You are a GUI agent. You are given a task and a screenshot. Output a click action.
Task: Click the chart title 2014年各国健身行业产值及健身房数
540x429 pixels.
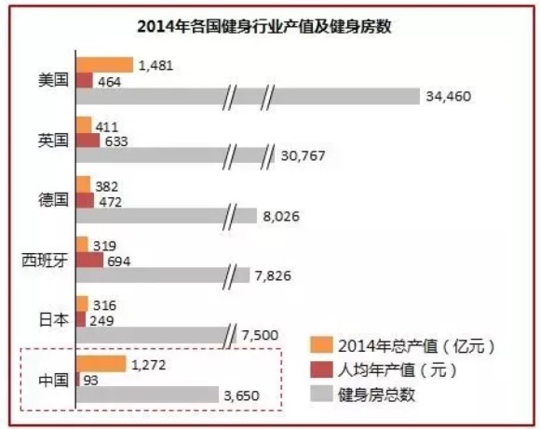[x=270, y=26]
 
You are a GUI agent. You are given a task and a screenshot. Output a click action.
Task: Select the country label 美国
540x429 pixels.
[x=51, y=80]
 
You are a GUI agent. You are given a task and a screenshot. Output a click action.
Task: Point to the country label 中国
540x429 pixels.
[x=51, y=380]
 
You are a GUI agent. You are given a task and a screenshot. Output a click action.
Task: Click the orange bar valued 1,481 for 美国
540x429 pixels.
[x=104, y=64]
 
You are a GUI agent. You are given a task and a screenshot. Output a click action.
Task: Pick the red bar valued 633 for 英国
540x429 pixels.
[x=88, y=141]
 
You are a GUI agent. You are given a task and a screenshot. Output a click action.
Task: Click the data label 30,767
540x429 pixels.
[x=302, y=156]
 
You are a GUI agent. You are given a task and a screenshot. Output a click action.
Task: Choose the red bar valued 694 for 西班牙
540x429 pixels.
[x=89, y=260]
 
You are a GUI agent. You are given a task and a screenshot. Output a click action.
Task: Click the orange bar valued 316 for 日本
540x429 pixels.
[x=82, y=304]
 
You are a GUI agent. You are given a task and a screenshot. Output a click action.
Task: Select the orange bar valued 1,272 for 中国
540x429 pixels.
[x=101, y=364]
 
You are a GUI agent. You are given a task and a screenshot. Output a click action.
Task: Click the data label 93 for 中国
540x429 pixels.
[x=92, y=380]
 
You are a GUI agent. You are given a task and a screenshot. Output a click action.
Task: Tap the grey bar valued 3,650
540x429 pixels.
[x=147, y=395]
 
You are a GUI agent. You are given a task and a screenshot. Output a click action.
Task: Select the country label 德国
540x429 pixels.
[x=51, y=200]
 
